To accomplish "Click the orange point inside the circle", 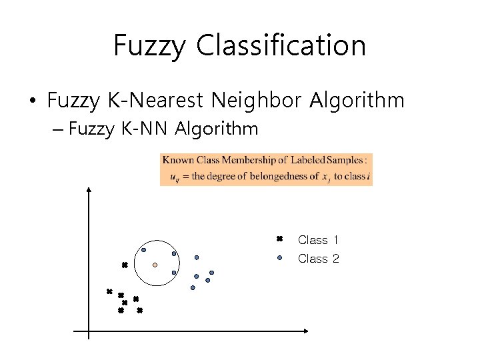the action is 155,265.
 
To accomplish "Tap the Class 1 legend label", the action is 318,240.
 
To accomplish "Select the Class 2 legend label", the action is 318,259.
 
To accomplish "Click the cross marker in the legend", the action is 280,239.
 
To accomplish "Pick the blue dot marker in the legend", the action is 280,257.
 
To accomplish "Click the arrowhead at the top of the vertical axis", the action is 89,190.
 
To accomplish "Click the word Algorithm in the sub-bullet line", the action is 217,128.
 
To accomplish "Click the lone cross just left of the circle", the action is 124,265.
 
